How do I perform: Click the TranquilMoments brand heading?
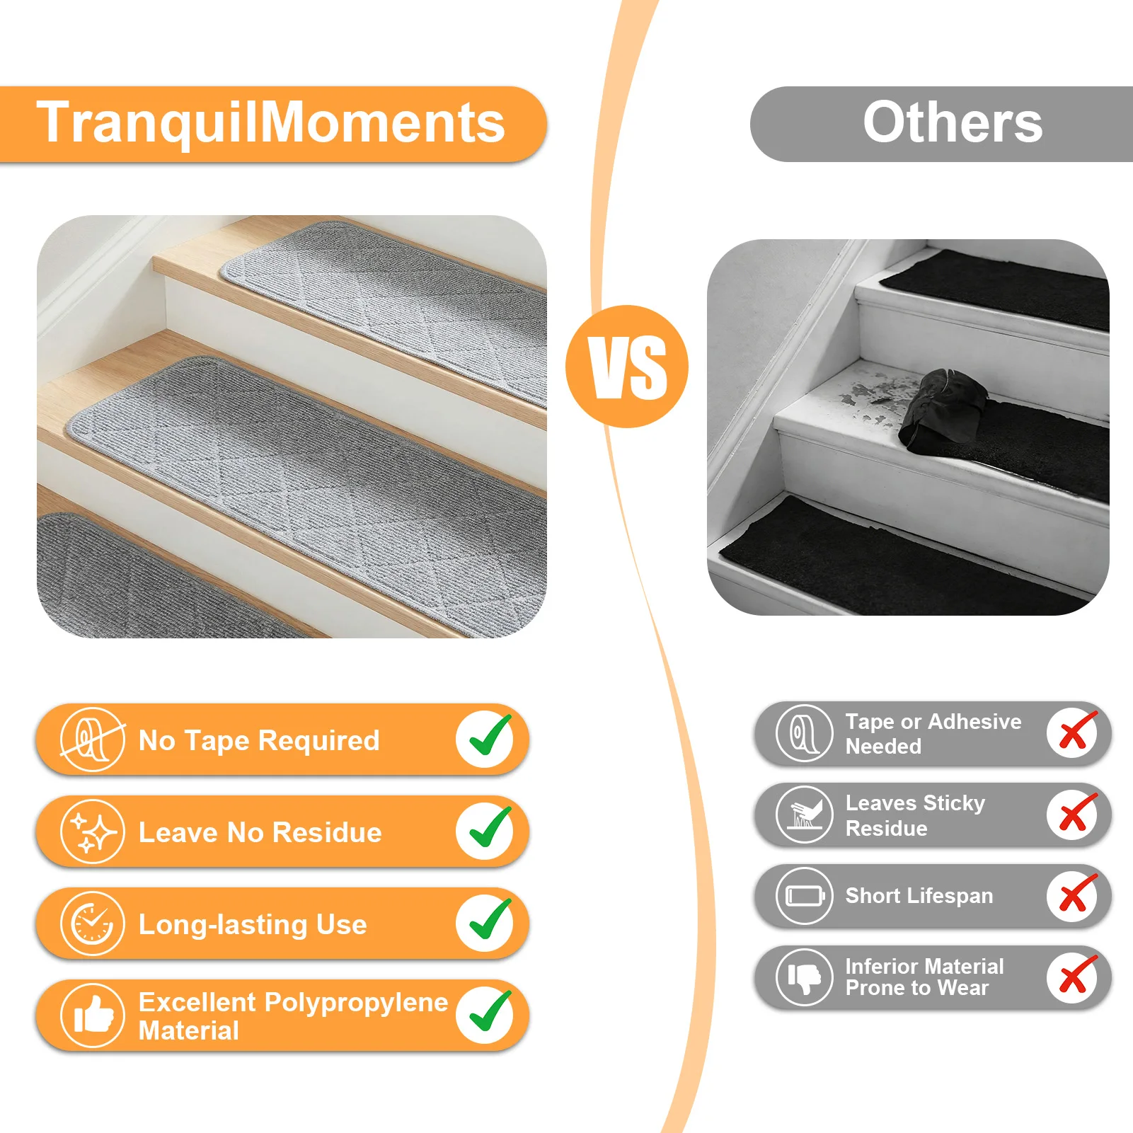pos(271,122)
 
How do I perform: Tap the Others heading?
pos(953,122)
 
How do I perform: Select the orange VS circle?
pos(627,367)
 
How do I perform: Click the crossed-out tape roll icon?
pos(93,740)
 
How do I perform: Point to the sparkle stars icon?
pos(93,832)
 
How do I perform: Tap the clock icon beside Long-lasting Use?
pos(93,924)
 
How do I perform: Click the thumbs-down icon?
pos(805,977)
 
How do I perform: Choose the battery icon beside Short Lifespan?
pos(805,896)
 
